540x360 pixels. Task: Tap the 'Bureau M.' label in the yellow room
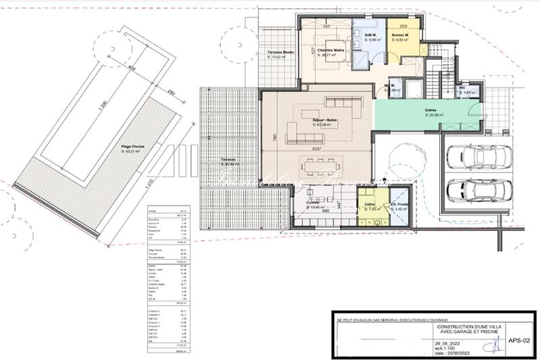403,35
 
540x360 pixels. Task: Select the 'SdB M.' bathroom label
369,34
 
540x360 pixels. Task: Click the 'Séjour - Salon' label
325,120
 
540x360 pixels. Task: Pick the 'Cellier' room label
369,203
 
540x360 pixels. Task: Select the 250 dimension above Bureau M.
403,26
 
